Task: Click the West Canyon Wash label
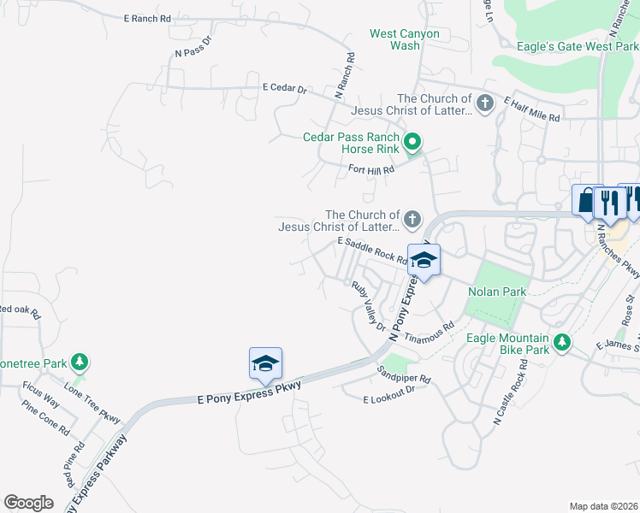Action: [x=405, y=39]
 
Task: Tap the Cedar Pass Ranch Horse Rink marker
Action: [x=412, y=142]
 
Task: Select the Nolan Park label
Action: [x=497, y=292]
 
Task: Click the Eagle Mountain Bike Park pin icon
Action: [x=562, y=343]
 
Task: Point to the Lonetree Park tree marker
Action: [x=80, y=363]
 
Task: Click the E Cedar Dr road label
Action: [x=285, y=87]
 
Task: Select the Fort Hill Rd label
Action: [x=370, y=169]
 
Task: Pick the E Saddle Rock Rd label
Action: [x=371, y=250]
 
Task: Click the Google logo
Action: [x=28, y=502]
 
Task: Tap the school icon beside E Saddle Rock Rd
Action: [x=424, y=260]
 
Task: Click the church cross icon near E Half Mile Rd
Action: [x=485, y=104]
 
